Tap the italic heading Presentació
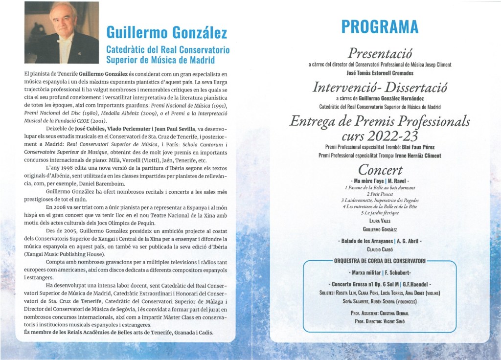click(x=380, y=53)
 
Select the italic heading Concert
click(x=380, y=170)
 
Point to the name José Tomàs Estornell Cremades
click(x=380, y=72)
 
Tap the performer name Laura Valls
click(x=380, y=221)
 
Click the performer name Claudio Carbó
click(x=380, y=249)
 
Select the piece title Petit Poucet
click(x=380, y=194)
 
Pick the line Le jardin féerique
click(x=380, y=212)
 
